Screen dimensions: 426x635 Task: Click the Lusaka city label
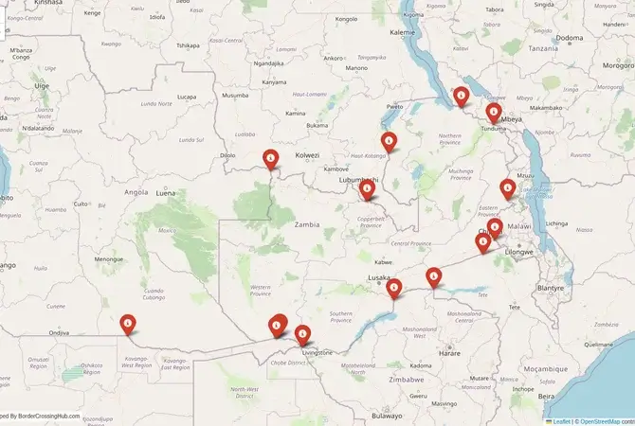[378, 278]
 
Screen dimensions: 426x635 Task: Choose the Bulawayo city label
[387, 415]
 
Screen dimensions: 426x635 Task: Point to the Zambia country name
[307, 225]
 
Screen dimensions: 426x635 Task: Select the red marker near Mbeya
[493, 114]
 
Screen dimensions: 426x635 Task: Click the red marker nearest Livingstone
[302, 334]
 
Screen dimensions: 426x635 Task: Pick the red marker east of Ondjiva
[127, 324]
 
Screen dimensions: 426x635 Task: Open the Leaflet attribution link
[561, 420]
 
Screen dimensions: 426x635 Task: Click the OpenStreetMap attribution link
[604, 420]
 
